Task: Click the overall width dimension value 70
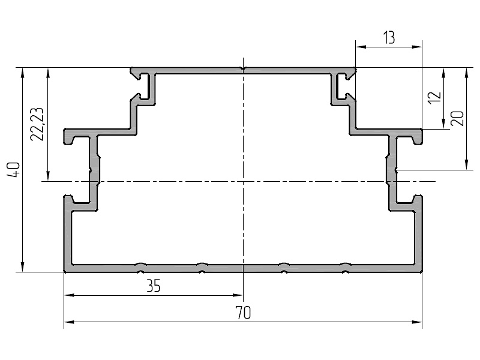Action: pyautogui.click(x=243, y=313)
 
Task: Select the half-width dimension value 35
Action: pyautogui.click(x=154, y=286)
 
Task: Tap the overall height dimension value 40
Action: pyautogui.click(x=16, y=170)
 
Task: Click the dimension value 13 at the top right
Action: pyautogui.click(x=388, y=38)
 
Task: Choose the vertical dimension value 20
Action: pyautogui.click(x=458, y=118)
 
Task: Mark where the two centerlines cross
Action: pyautogui.click(x=243, y=181)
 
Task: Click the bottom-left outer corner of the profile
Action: pyautogui.click(x=65, y=271)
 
